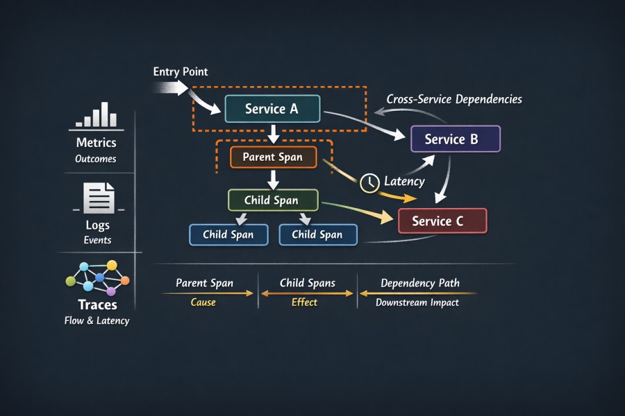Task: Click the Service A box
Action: (x=272, y=109)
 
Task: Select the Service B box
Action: (x=455, y=139)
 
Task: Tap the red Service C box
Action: (x=442, y=221)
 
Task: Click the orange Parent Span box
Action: (x=273, y=157)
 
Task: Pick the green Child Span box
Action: (x=273, y=200)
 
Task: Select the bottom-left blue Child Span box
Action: (x=228, y=234)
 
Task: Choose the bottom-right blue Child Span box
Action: (x=317, y=234)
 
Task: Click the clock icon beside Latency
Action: (x=370, y=182)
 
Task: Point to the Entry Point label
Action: (x=181, y=72)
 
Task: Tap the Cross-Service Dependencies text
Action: (x=454, y=99)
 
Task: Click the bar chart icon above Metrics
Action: (x=96, y=116)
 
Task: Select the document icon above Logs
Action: (x=98, y=198)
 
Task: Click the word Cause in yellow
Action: (x=203, y=302)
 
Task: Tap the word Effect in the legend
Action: (x=304, y=302)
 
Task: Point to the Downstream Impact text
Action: (x=417, y=302)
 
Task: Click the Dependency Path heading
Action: (x=420, y=284)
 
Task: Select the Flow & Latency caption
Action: (x=97, y=320)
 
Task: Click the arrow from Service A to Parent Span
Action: (x=273, y=134)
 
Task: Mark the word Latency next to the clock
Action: (x=404, y=182)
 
